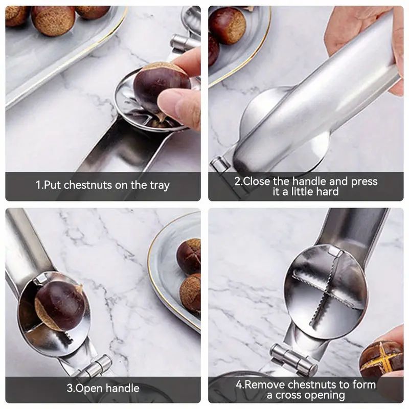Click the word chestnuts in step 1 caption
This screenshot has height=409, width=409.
click(87, 185)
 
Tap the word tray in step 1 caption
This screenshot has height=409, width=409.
click(160, 186)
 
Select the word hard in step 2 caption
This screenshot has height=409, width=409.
click(327, 192)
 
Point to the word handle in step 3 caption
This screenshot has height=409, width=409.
click(122, 388)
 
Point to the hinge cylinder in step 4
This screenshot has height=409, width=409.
click(293, 358)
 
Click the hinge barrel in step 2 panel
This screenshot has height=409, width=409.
click(221, 164)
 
